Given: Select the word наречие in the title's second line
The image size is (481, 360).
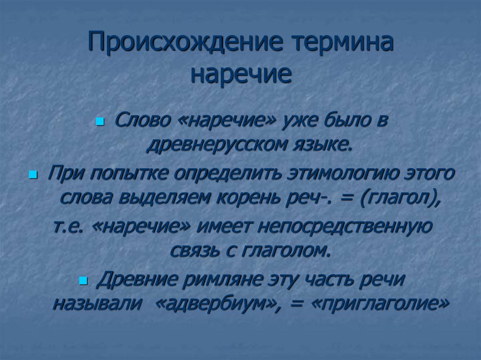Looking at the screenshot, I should click(x=240, y=75).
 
